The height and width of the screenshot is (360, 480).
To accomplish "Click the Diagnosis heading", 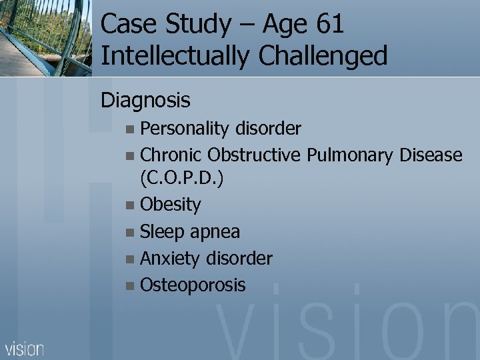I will click(145, 100).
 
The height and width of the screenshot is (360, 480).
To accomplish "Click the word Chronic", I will click(171, 155).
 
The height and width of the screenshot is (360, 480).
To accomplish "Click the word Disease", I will click(431, 155).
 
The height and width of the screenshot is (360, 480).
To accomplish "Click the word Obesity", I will click(170, 204).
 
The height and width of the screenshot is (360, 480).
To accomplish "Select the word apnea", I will click(215, 231).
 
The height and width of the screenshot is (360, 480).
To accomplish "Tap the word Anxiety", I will click(171, 258).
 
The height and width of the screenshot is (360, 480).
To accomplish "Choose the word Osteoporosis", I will click(193, 285).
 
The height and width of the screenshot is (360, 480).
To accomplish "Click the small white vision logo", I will click(25, 348).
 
